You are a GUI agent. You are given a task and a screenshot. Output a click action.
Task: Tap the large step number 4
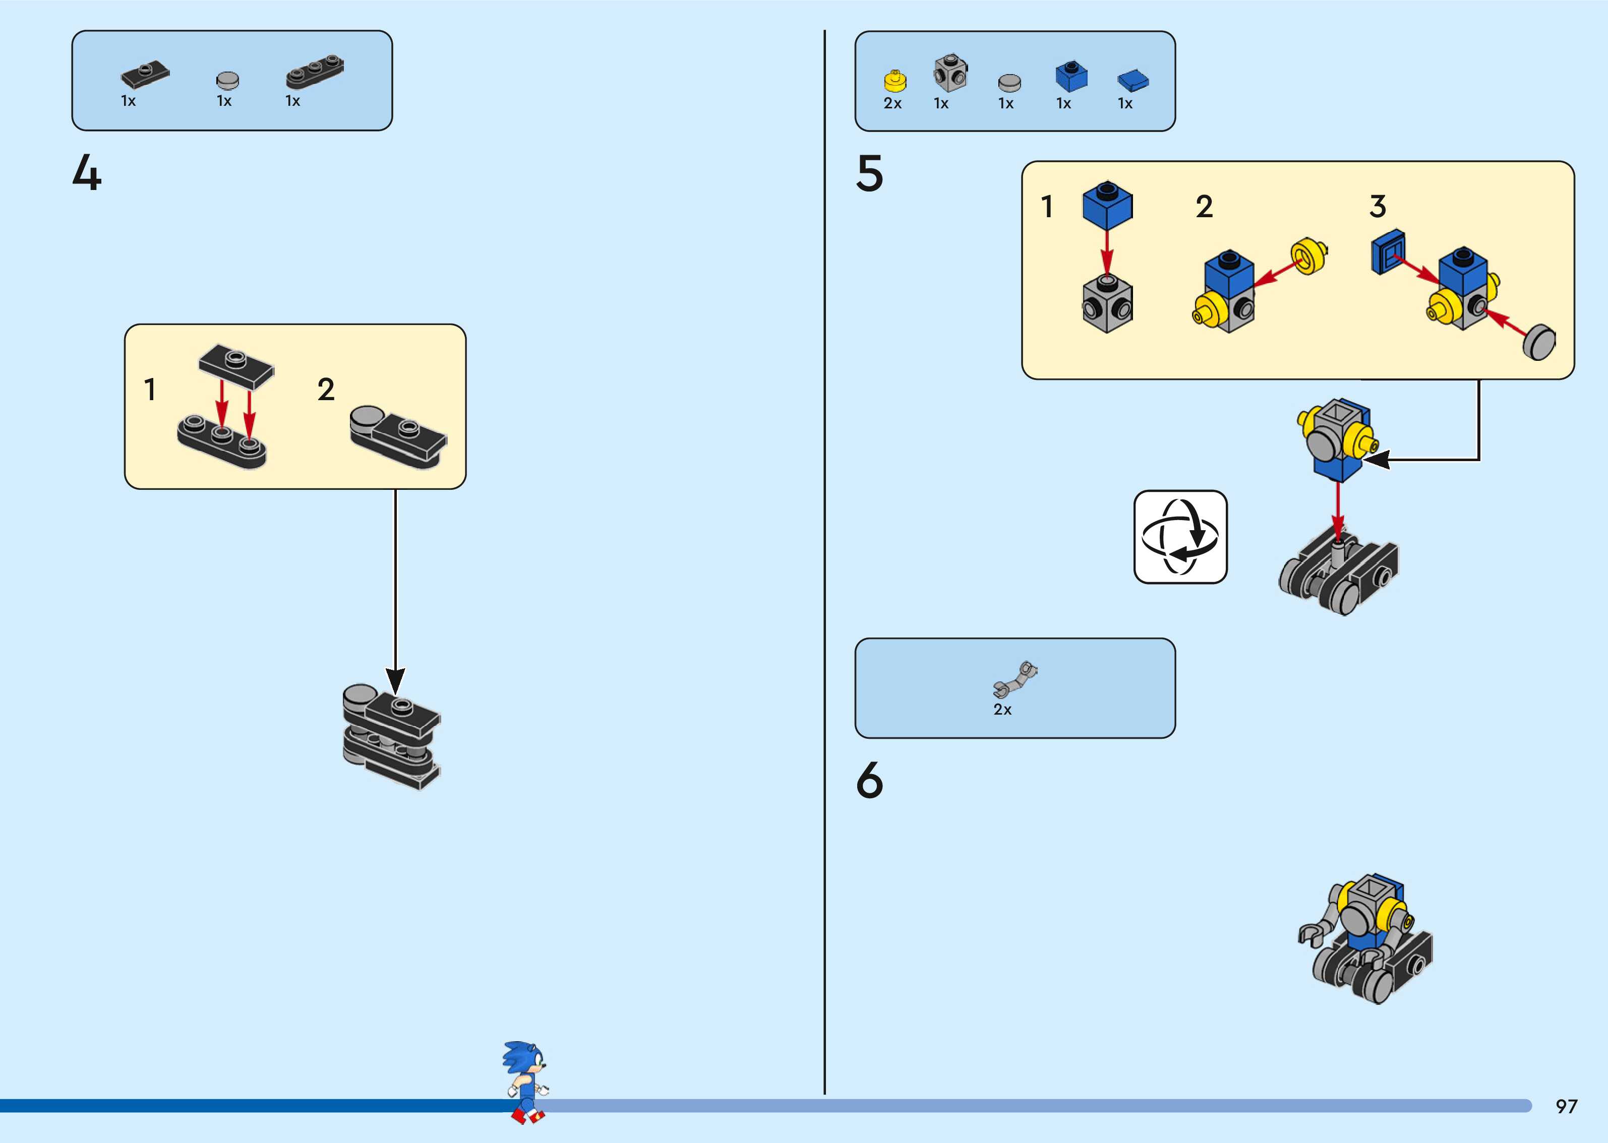coord(87,173)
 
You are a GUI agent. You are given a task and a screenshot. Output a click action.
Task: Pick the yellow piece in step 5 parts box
coord(895,81)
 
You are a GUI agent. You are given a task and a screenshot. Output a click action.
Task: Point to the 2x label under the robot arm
coord(1002,710)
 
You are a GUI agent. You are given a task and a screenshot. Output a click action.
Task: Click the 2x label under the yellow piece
coord(892,103)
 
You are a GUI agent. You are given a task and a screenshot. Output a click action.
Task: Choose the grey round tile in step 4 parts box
coord(227,80)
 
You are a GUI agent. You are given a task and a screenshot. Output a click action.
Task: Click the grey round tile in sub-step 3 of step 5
coord(1539,343)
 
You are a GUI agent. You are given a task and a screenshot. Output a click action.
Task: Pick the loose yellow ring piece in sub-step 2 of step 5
coord(1308,256)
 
